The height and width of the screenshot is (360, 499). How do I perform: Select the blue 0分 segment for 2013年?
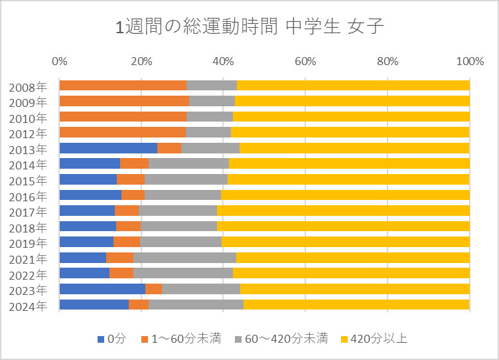click(x=108, y=148)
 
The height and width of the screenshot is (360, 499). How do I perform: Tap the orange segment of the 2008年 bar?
click(x=123, y=85)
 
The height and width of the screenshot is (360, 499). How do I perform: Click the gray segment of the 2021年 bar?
click(x=184, y=258)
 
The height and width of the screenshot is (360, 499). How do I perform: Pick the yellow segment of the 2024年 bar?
click(x=356, y=305)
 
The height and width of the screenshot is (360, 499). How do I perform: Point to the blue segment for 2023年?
click(x=102, y=289)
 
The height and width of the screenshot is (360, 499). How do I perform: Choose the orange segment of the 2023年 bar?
click(x=153, y=289)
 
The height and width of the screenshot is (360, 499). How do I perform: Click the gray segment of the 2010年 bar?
click(x=210, y=117)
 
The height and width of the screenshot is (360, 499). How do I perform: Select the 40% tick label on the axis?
click(x=223, y=62)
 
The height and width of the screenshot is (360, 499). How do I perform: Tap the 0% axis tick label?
click(x=59, y=62)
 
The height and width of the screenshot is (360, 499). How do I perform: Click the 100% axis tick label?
click(x=470, y=62)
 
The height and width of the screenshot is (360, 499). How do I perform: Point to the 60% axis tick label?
click(x=305, y=62)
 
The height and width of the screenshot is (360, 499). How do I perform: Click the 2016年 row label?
click(x=28, y=196)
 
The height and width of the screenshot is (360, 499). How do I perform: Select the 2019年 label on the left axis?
click(x=28, y=243)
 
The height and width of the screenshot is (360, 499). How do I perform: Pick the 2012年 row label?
click(x=28, y=133)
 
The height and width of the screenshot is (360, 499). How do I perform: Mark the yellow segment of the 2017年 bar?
click(x=343, y=211)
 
